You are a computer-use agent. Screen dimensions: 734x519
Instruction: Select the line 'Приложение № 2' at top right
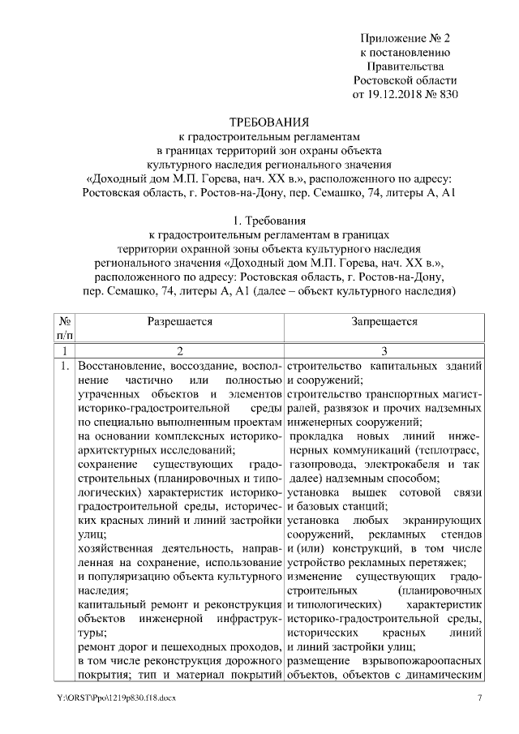pos(405,37)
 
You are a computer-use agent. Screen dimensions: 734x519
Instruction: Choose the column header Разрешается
pos(180,321)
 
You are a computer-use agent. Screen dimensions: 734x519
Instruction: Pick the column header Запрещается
pos(385,321)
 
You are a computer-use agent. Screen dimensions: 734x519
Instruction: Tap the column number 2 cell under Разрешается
pos(180,350)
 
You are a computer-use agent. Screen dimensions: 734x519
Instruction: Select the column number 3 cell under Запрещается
pos(385,350)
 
